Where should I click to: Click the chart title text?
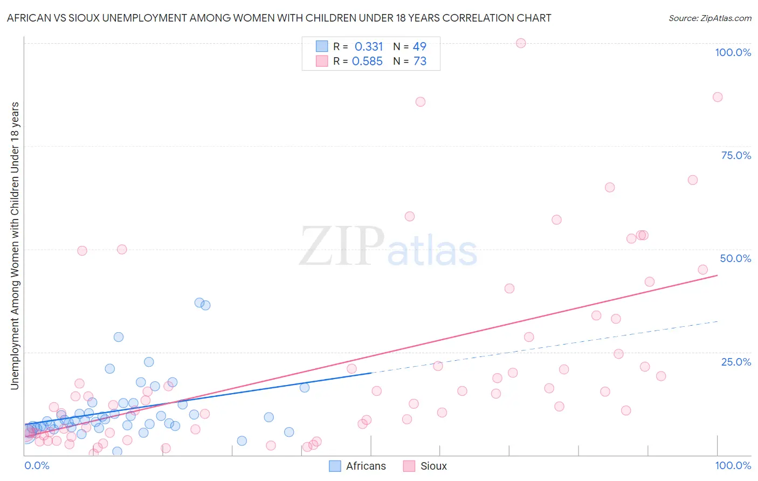pos(279,18)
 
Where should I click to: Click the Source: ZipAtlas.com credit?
pos(709,18)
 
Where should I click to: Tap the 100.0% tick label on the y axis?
pos(733,52)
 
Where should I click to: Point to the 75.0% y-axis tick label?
pos(736,155)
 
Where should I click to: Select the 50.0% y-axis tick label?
pos(735,258)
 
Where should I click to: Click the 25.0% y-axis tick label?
pos(736,361)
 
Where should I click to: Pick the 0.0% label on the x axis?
pos(37,465)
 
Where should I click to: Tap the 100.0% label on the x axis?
pos(733,465)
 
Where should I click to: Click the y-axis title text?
pos(15,245)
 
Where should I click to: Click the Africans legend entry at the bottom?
pos(357,466)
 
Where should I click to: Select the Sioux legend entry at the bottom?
pos(425,466)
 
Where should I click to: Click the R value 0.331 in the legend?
pos(369,47)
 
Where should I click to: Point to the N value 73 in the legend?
pos(420,61)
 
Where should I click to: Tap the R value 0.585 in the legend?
pos(367,61)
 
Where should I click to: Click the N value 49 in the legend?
pos(419,47)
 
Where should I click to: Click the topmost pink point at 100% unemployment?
pos(521,43)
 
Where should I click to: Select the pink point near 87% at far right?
pos(718,97)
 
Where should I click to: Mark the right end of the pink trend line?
pos(718,276)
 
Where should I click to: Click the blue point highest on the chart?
pos(199,303)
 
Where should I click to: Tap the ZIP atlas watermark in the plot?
pos(388,248)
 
